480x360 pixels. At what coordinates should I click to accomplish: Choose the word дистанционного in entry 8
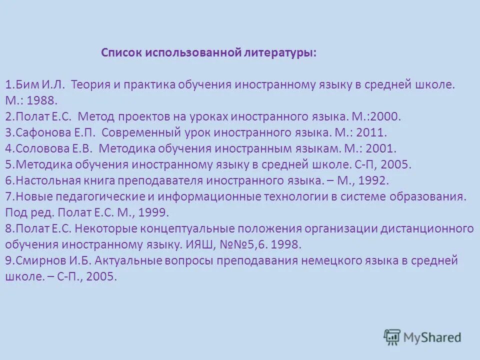(426, 229)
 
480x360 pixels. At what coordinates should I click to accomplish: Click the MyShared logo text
(431, 337)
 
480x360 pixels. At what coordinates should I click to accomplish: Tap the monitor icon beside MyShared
(392, 336)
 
